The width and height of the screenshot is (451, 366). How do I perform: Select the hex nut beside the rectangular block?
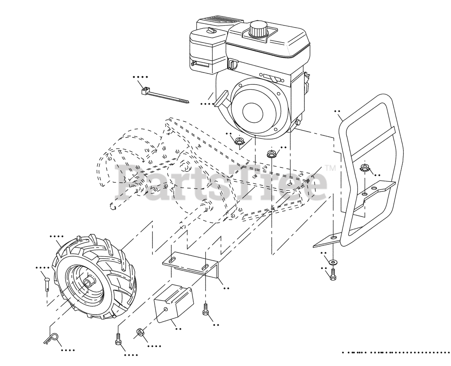pyautogui.click(x=140, y=333)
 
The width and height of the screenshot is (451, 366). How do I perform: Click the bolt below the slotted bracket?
pyautogui.click(x=205, y=309)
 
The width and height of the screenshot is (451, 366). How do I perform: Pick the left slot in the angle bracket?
pyautogui.click(x=173, y=260)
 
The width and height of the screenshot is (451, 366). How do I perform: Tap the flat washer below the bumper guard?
pyautogui.click(x=332, y=263)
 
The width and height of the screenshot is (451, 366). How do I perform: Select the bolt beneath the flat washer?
pyautogui.click(x=333, y=274)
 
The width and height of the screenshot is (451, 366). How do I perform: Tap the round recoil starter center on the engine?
pyautogui.click(x=252, y=112)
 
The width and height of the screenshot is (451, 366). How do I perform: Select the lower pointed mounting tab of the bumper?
pyautogui.click(x=326, y=240)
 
